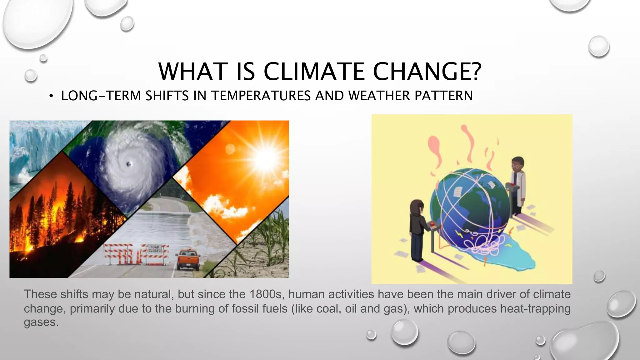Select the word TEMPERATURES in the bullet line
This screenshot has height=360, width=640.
(x=261, y=96)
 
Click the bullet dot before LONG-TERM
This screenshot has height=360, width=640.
(x=51, y=96)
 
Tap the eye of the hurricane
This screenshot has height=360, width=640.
(x=129, y=164)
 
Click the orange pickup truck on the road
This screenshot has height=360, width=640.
(x=188, y=259)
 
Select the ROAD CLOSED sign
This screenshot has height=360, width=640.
(x=154, y=249)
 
